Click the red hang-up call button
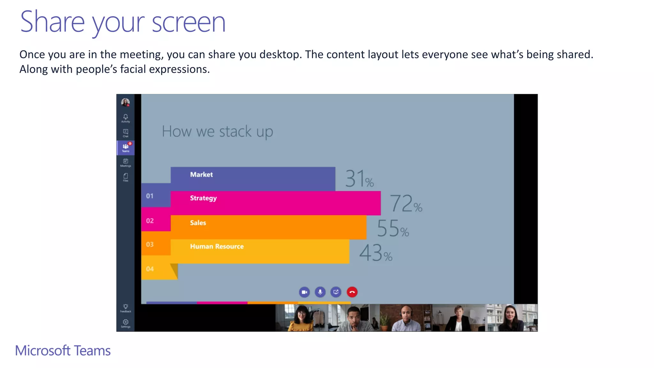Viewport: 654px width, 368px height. (x=352, y=292)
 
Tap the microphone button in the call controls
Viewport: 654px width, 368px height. (x=320, y=292)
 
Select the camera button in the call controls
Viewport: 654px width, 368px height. (x=304, y=292)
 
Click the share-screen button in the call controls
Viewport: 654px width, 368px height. (x=336, y=292)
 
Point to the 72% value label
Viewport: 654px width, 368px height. (x=406, y=204)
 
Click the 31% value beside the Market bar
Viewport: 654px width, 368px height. (x=359, y=179)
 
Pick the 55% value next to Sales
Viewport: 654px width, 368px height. (x=393, y=229)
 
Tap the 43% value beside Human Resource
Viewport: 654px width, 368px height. (x=376, y=253)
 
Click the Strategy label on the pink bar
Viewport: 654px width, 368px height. (x=203, y=198)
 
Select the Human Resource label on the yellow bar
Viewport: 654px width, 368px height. (x=217, y=246)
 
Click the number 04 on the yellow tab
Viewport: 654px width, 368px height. (x=150, y=269)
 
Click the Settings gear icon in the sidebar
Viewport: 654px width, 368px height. (x=125, y=323)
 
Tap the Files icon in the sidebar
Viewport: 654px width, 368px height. (x=125, y=177)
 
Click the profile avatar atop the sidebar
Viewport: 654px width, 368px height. (x=125, y=102)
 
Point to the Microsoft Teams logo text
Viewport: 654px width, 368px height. (x=63, y=351)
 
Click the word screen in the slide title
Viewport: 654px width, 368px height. (x=188, y=22)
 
